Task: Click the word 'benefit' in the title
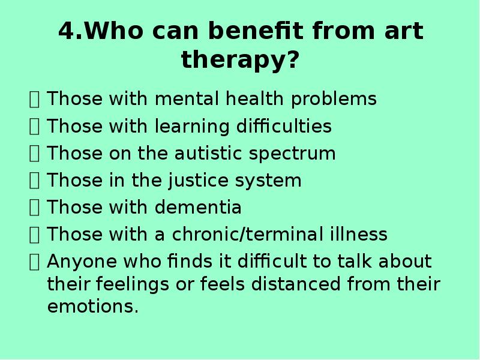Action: point(256,31)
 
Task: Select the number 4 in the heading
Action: point(67,31)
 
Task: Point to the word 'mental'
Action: point(187,98)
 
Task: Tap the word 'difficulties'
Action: point(284,126)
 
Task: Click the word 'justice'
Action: point(199,181)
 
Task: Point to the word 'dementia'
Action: point(198,207)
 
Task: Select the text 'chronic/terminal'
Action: point(248,234)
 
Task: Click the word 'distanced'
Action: point(296,284)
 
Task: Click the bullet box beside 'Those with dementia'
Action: point(34,208)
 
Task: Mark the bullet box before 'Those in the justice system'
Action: point(34,181)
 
